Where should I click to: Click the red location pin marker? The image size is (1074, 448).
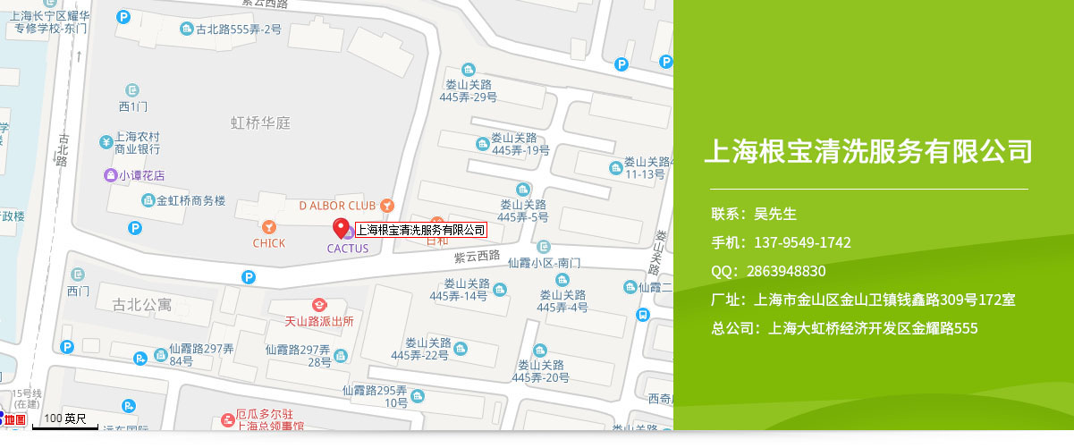tap(341, 228)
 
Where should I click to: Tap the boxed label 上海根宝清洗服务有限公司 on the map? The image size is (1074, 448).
tap(420, 230)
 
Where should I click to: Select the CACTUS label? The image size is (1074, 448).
tap(348, 249)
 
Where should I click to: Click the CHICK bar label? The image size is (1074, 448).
tap(268, 242)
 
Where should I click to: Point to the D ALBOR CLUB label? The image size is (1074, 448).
tap(337, 205)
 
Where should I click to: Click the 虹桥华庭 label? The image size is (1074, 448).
tap(261, 123)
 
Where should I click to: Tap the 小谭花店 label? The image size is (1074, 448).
tap(141, 175)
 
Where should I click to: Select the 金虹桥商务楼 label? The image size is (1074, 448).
tap(190, 200)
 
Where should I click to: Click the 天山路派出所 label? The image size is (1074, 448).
tap(318, 320)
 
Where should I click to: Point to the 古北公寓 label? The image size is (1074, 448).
tap(142, 305)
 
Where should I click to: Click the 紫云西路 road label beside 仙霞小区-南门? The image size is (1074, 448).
tap(477, 256)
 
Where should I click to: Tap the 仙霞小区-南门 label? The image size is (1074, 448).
tap(544, 263)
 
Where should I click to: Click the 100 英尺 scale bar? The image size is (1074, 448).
tap(65, 419)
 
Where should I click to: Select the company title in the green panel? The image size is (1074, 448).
tap(868, 150)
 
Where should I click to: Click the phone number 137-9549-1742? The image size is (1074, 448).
tap(802, 242)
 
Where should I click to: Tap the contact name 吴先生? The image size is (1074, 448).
tap(775, 214)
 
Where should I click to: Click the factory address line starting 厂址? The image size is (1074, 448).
tap(863, 300)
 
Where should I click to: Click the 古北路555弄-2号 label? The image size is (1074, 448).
tap(238, 30)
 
